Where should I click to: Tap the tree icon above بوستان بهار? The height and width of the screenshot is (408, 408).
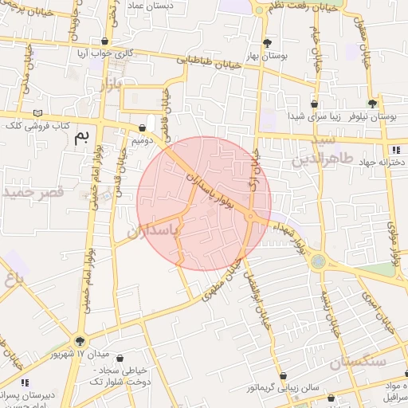266,44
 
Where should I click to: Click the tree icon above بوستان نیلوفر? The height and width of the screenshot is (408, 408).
372,104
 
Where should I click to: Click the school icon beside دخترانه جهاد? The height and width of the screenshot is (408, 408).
396,149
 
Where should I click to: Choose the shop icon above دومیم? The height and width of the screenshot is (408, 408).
142,127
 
